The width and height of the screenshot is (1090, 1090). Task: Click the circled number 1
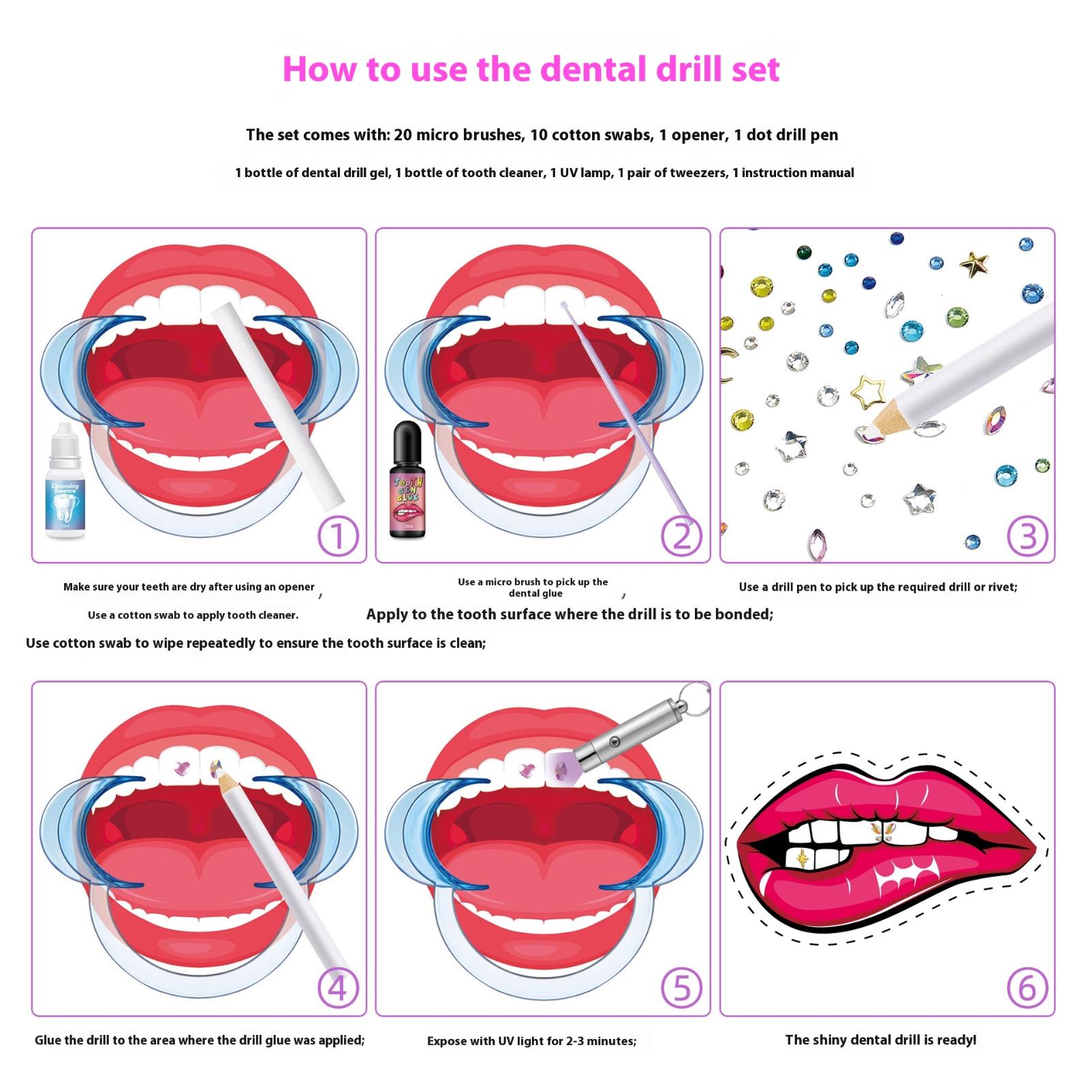tap(338, 536)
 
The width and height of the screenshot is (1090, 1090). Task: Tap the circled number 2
tap(682, 536)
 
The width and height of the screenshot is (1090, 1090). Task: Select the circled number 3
tap(1027, 536)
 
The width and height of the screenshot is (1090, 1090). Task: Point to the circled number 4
tap(338, 989)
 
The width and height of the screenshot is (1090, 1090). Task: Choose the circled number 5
tap(682, 989)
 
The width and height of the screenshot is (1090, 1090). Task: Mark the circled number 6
tap(1027, 989)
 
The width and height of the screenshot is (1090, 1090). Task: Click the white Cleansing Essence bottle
tap(65, 480)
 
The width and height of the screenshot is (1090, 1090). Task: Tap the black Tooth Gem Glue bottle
tap(408, 480)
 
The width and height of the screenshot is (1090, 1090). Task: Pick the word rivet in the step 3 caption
tap(999, 587)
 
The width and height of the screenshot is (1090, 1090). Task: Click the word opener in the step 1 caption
tap(296, 587)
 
